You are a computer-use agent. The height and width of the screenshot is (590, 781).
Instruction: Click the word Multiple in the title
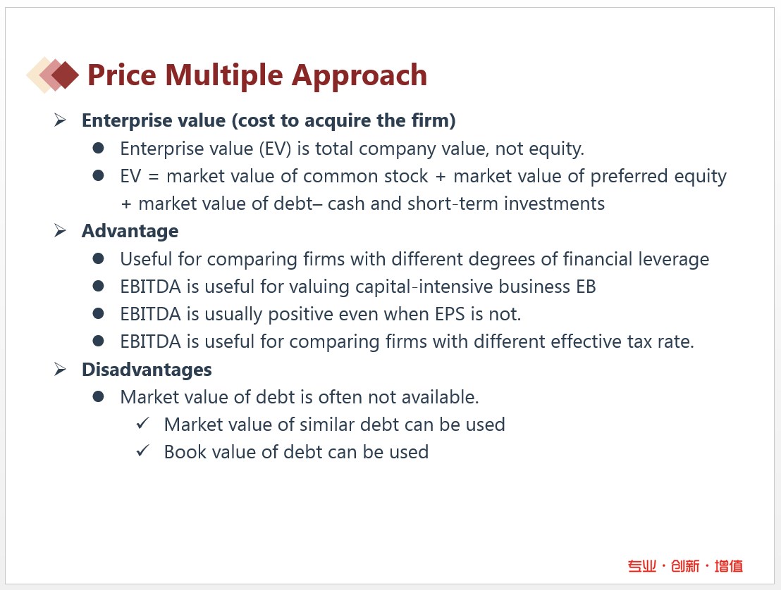click(224, 75)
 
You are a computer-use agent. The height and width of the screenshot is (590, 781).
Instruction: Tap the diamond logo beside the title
click(53, 75)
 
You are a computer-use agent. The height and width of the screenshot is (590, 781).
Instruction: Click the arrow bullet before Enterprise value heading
click(61, 120)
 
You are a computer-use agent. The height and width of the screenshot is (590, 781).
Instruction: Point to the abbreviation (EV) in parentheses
click(275, 149)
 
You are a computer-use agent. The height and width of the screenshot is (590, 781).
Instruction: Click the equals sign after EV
click(154, 177)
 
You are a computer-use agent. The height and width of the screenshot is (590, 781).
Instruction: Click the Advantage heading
click(130, 232)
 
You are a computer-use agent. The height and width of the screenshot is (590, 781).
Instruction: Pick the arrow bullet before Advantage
click(61, 230)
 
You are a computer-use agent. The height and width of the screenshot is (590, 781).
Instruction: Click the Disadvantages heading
click(147, 370)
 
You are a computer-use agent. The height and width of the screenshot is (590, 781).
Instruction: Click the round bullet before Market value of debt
click(98, 396)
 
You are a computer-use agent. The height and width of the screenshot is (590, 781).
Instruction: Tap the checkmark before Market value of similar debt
click(142, 424)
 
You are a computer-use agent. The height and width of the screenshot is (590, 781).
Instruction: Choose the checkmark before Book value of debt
click(142, 451)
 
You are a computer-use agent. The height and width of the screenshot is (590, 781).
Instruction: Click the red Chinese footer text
click(685, 566)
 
